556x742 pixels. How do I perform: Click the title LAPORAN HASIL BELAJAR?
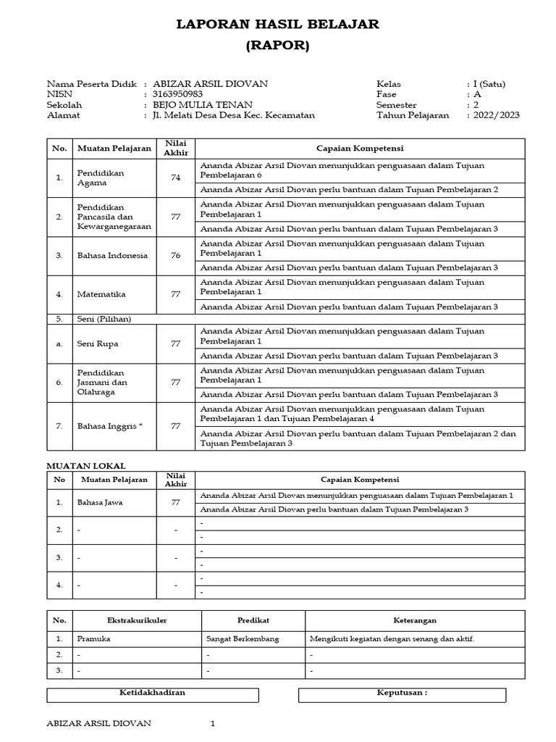tap(278, 25)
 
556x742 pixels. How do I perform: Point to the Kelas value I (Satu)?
tap(489, 84)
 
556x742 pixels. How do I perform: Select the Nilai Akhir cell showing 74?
tap(175, 178)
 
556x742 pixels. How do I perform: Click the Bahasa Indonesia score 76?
tap(175, 255)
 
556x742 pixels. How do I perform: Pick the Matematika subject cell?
tap(101, 294)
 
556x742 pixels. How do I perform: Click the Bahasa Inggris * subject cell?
tap(110, 426)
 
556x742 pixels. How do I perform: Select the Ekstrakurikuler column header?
tap(135, 620)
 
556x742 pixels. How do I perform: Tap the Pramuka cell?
tap(93, 640)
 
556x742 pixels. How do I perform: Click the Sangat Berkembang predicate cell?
tap(243, 640)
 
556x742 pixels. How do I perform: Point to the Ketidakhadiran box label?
tap(152, 693)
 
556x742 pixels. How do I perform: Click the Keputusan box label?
tap(402, 693)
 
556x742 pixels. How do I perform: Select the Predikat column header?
tap(253, 620)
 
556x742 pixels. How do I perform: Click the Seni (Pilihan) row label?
tap(104, 319)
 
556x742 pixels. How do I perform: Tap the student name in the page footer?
tap(98, 723)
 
